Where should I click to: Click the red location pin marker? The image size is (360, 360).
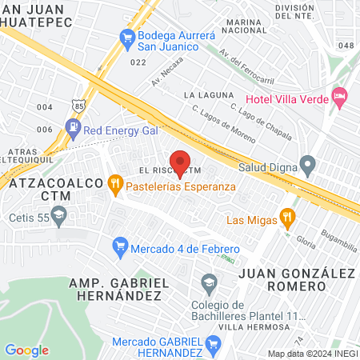(x=180, y=162)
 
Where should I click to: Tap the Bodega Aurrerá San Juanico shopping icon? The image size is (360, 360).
(x=126, y=36)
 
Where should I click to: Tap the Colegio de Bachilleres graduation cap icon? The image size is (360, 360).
(x=210, y=282)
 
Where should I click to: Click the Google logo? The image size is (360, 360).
(x=27, y=350)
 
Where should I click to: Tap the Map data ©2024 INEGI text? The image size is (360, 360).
(x=311, y=354)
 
